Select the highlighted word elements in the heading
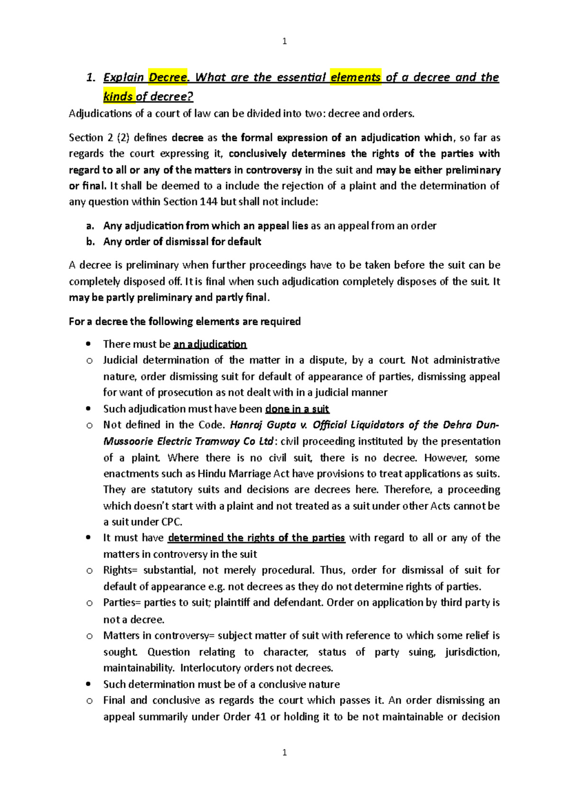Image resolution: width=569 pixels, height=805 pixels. (x=356, y=77)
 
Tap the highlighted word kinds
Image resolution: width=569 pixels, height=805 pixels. (x=119, y=97)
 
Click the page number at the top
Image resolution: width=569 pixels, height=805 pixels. (x=284, y=41)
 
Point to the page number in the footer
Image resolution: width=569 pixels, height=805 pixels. (x=284, y=752)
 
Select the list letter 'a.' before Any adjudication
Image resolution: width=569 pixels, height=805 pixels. (x=90, y=226)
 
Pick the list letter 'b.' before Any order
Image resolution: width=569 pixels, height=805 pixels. (x=90, y=242)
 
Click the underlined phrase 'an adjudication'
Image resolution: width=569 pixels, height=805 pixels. (x=210, y=344)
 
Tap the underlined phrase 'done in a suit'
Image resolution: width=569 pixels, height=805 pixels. (x=297, y=409)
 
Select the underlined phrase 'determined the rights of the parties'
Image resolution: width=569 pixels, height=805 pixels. (x=256, y=538)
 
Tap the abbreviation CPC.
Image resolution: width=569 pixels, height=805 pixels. (x=171, y=522)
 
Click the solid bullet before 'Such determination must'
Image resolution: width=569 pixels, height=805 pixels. (x=88, y=684)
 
